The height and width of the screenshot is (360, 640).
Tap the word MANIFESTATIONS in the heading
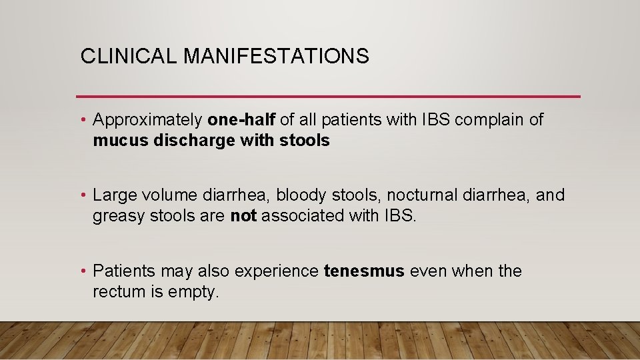pos(276,57)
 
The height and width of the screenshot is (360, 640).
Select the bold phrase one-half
pos(241,120)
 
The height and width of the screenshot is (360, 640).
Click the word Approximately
pos(148,120)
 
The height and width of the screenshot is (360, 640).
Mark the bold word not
pos(243,216)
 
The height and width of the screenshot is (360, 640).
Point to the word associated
pos(303,216)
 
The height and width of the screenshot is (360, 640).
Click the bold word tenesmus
pos(364,271)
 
